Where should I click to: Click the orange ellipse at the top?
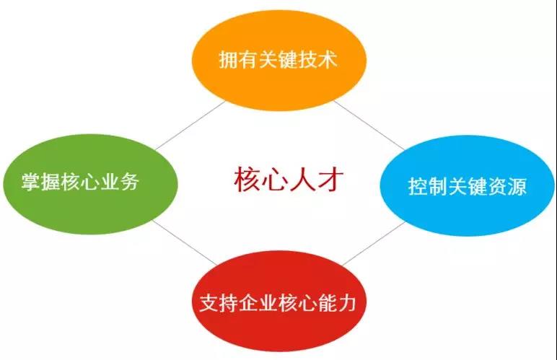tap(278, 60)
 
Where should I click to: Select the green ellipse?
tap(90, 184)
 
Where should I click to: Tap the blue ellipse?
tap(467, 185)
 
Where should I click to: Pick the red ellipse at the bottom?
tap(278, 301)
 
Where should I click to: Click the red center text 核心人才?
tap(289, 180)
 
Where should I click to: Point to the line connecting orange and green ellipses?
tap(190, 125)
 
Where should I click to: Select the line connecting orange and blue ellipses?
tap(369, 125)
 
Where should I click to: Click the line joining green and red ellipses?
tap(184, 242)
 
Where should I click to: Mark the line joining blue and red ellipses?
tap(374, 243)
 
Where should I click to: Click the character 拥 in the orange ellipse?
tap(228, 59)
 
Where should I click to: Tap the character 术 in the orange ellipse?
tap(328, 59)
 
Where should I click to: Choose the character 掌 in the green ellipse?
tap(31, 182)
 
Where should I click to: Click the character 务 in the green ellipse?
tap(130, 182)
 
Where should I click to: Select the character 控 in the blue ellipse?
tap(418, 186)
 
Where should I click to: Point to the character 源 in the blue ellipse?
tap(517, 186)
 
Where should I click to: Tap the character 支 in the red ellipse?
tap(209, 303)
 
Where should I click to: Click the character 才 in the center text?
tap(331, 180)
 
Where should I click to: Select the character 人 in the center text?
tap(302, 180)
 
